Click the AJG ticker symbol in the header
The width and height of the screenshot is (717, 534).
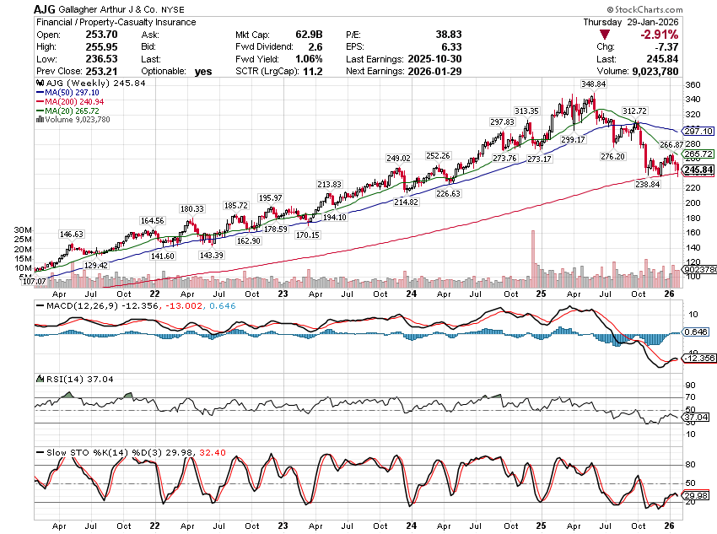click(x=46, y=8)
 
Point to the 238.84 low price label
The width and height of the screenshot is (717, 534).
click(x=648, y=183)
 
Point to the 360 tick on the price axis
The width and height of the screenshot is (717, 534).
click(x=693, y=85)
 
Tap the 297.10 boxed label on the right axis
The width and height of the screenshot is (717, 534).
click(x=698, y=132)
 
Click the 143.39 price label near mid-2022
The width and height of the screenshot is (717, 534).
click(x=212, y=255)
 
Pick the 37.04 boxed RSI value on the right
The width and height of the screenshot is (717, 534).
click(x=696, y=418)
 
